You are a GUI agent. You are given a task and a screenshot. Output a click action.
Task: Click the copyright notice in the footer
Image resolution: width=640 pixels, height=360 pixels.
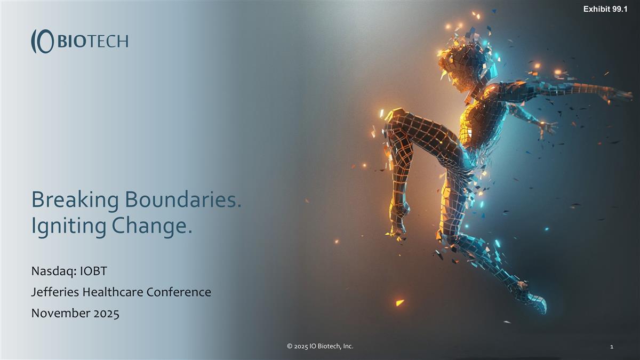pyautogui.click(x=320, y=347)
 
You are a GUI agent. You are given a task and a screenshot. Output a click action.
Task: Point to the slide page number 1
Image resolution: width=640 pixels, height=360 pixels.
pyautogui.click(x=611, y=347)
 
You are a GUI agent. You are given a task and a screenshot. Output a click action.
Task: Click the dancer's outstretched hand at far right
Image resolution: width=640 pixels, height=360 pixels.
pyautogui.click(x=621, y=95)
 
